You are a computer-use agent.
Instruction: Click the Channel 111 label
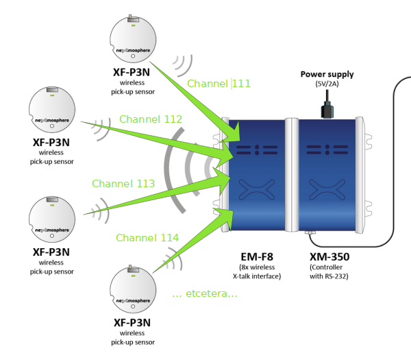pos(219,84)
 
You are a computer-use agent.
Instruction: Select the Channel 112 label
pos(151,119)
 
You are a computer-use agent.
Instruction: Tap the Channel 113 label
pos(123,184)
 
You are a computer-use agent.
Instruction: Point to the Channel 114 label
pos(147,238)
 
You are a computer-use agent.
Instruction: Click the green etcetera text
pos(205,293)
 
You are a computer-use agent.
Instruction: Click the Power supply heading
pos(327,74)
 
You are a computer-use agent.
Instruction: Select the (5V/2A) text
pos(327,84)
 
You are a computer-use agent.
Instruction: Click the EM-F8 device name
pos(257,257)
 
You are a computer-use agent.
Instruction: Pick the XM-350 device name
pos(329,257)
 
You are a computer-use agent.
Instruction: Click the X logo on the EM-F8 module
pos(257,189)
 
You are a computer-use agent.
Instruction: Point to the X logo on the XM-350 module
pos(327,189)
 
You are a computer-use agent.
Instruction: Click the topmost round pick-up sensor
pos(133,39)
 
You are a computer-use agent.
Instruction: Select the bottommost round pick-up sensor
pos(133,289)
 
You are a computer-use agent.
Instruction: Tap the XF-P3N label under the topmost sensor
pos(132,73)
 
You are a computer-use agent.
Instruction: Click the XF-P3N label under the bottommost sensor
pos(132,323)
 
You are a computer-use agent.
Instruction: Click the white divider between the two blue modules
pos(292,175)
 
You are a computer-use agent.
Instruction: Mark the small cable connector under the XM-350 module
pos(310,232)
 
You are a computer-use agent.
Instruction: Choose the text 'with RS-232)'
pos(329,276)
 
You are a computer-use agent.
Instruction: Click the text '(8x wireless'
pos(257,267)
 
